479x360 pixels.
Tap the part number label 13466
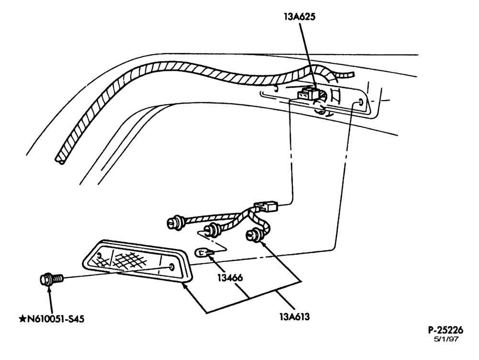click(230, 278)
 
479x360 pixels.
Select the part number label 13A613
click(295, 317)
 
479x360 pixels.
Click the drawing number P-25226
click(445, 330)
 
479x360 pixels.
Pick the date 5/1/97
click(446, 339)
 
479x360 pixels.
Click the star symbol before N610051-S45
click(23, 319)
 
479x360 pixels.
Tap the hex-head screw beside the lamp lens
click(51, 279)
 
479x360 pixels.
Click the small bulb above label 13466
click(202, 252)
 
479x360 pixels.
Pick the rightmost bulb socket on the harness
click(254, 235)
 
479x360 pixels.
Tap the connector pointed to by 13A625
click(309, 94)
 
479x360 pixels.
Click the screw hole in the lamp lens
click(171, 267)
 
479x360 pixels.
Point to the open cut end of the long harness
click(60, 160)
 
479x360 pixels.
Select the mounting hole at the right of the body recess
click(361, 101)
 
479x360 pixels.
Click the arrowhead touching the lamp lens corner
click(184, 286)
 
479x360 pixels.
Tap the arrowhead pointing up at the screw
click(48, 289)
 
